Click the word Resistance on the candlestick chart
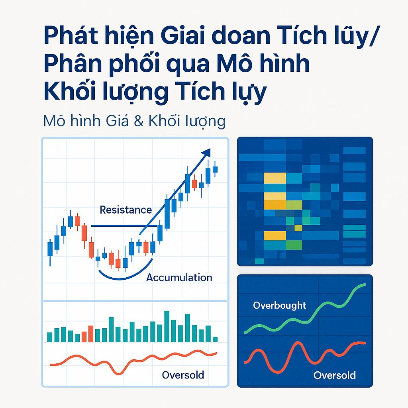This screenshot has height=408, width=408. pos(126,210)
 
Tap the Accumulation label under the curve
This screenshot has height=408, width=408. pos(179,278)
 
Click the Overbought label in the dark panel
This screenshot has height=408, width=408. pos(280,306)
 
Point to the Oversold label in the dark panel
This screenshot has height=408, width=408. pos(334,375)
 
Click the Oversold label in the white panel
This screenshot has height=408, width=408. pos(183,375)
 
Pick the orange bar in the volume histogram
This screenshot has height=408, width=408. pos(90,334)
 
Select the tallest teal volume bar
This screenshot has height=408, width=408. pos(167,326)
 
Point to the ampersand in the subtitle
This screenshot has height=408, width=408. pos(137,120)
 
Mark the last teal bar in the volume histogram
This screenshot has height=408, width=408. pos(215,339)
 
